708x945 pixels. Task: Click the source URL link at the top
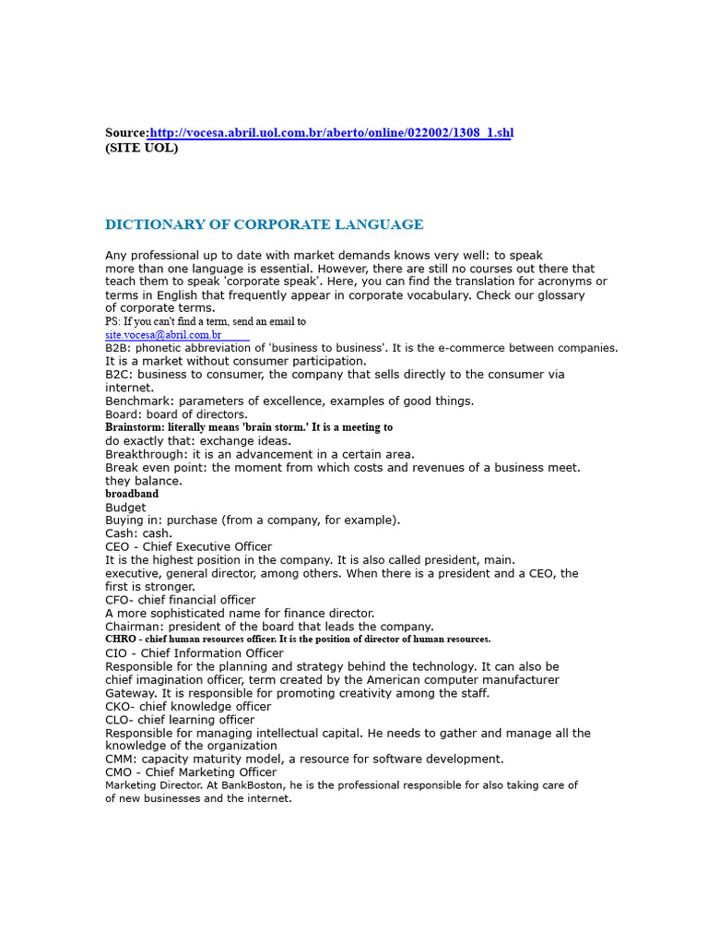tap(331, 133)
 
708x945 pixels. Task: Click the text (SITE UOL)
tap(141, 148)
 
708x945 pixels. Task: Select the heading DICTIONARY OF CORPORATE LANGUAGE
tap(264, 224)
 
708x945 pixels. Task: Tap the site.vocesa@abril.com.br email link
tap(163, 335)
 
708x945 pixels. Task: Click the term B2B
tap(117, 348)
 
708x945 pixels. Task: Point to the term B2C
tap(117, 375)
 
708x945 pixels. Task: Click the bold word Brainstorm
tap(134, 427)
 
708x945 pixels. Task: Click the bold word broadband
tap(132, 494)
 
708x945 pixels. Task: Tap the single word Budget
tap(125, 508)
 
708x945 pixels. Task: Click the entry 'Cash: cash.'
tap(138, 533)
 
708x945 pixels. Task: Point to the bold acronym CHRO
tap(121, 639)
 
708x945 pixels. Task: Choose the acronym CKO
tap(117, 707)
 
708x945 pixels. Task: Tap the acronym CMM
tap(118, 760)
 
